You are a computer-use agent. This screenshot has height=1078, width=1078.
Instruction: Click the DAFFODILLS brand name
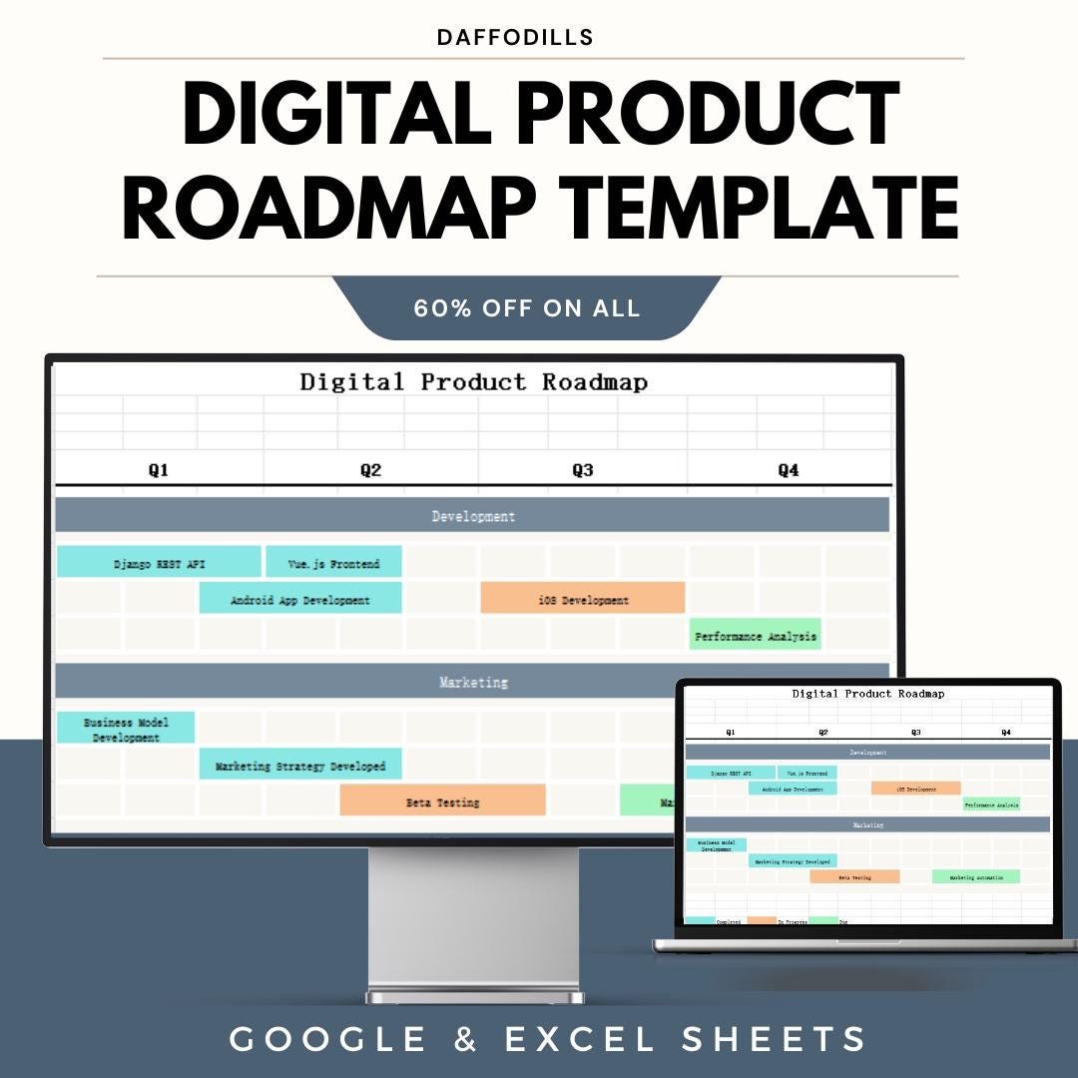click(x=515, y=38)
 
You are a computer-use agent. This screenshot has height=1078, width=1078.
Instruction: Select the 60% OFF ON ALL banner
click(x=526, y=308)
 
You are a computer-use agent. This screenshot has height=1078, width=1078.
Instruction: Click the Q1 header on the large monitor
click(x=159, y=470)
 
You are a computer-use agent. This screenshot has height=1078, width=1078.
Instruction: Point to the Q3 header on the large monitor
click(x=583, y=470)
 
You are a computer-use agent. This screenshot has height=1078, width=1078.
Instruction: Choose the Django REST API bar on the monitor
click(x=159, y=563)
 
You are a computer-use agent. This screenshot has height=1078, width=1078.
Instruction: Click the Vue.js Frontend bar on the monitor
click(x=333, y=563)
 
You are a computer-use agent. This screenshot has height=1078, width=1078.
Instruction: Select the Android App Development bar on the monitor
click(x=300, y=600)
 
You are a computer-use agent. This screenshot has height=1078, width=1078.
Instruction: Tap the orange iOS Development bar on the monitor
click(x=583, y=600)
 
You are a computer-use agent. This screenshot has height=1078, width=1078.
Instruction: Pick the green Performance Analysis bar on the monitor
click(x=755, y=635)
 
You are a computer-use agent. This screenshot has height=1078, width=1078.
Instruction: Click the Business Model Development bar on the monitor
click(x=126, y=729)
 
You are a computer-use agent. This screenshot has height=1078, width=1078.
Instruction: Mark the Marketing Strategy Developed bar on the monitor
click(x=300, y=766)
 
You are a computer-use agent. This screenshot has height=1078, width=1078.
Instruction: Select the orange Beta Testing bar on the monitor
click(x=442, y=802)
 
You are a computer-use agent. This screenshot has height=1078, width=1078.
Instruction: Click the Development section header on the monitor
click(x=472, y=516)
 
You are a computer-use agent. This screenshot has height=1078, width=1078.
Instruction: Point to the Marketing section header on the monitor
click(x=472, y=683)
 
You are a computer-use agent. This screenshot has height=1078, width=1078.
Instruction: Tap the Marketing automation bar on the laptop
click(x=975, y=877)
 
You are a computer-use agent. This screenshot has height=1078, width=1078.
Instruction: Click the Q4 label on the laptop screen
click(x=1005, y=732)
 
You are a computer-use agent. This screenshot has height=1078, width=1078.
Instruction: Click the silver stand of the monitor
click(x=473, y=923)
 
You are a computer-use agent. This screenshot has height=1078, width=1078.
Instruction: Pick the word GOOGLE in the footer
click(x=328, y=1039)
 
